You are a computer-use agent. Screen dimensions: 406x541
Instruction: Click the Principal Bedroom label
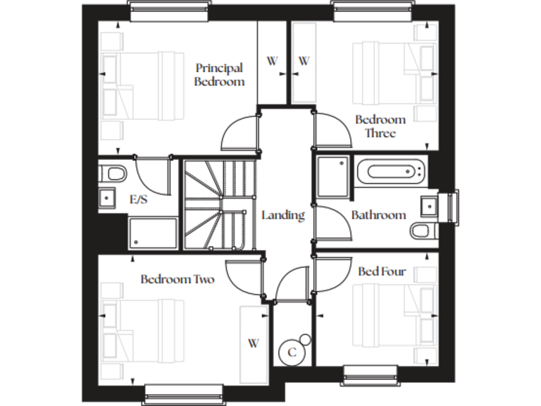[x=220, y=75]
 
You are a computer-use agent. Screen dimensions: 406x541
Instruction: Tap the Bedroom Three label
[x=380, y=126]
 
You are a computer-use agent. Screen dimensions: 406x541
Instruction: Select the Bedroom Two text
[x=177, y=279]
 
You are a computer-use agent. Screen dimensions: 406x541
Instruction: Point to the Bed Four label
[x=382, y=271]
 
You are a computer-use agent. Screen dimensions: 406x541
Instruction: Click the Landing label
[x=282, y=215]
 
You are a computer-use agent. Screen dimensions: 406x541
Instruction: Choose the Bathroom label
[x=378, y=215]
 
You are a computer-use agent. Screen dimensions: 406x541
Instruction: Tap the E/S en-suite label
[x=138, y=200]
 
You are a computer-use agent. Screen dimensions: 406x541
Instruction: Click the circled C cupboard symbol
[x=291, y=352]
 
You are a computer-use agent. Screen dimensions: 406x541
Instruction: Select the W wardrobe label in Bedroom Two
[x=253, y=343]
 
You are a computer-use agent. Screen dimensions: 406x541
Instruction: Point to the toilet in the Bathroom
[x=423, y=230]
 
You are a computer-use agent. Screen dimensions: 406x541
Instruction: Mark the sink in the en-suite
[x=108, y=199]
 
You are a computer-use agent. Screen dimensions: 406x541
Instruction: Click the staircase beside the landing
[x=218, y=204]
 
